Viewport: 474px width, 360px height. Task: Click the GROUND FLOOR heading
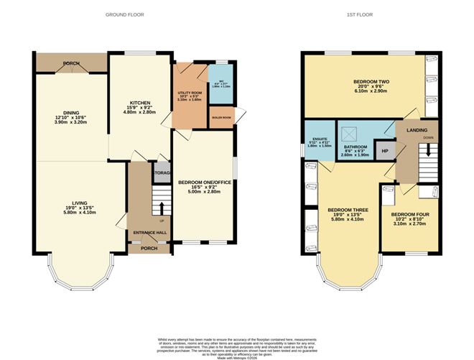point(122,14)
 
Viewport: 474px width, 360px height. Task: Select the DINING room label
point(70,112)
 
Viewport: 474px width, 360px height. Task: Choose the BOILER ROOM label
point(219,117)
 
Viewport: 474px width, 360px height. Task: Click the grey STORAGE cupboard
point(162,172)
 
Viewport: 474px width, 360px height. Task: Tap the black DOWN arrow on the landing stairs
point(429,150)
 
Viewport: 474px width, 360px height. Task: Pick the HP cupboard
point(384,151)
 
